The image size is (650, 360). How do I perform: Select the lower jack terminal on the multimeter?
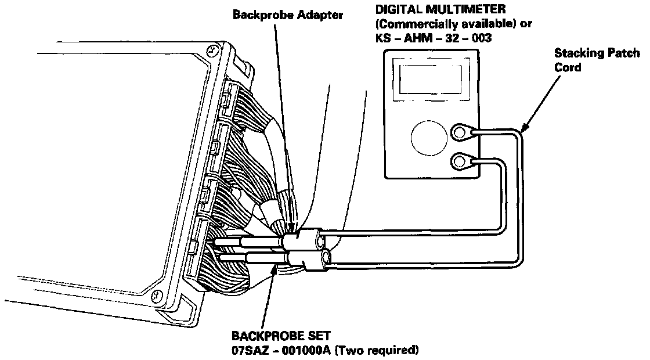460,160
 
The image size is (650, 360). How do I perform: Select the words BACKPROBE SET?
273,336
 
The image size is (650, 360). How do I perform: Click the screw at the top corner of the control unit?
214,50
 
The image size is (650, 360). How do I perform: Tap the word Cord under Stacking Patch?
568,67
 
